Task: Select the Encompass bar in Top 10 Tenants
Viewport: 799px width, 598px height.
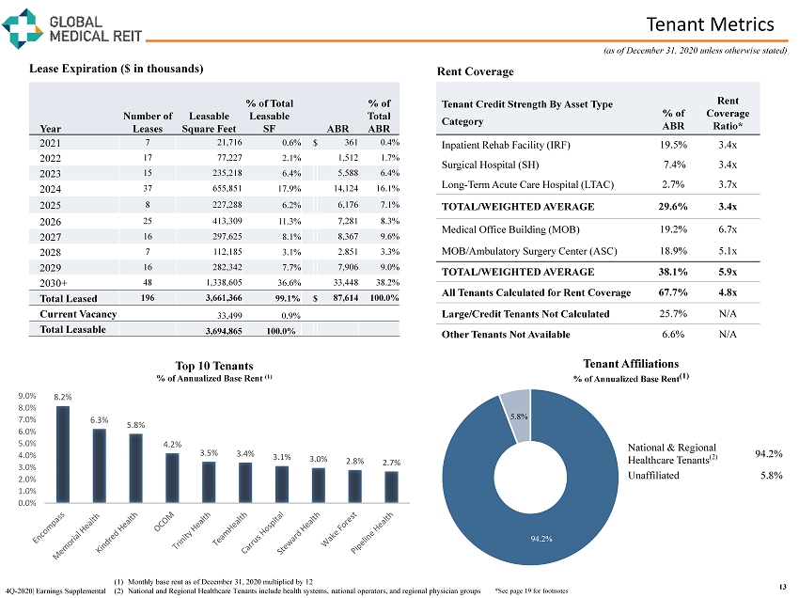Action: pos(63,453)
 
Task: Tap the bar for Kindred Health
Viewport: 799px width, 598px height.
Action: pos(136,467)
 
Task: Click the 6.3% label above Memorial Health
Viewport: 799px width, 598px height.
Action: pos(100,420)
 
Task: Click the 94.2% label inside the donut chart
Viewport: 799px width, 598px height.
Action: pos(540,538)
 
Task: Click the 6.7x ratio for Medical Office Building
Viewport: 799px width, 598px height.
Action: pos(726,229)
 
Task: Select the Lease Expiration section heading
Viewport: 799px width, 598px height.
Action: pos(117,69)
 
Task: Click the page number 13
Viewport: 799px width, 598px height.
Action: pos(782,588)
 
